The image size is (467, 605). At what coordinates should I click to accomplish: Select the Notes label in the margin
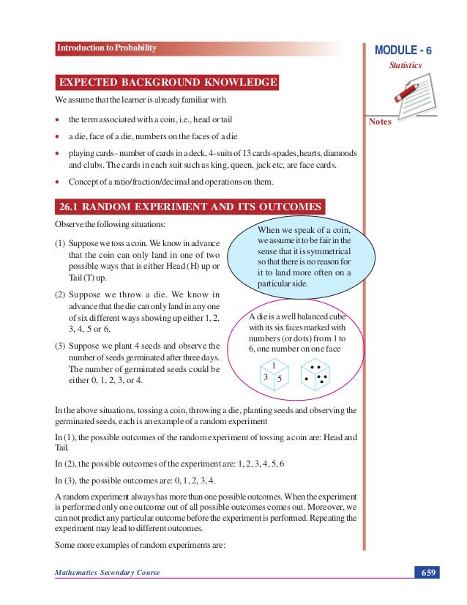click(x=380, y=122)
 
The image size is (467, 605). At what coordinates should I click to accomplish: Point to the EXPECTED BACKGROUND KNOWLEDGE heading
click(x=168, y=81)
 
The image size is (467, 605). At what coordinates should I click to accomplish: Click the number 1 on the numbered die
click(x=273, y=365)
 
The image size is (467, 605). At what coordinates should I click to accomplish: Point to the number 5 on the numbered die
click(x=280, y=379)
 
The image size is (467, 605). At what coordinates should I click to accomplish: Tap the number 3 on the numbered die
click(x=265, y=376)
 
